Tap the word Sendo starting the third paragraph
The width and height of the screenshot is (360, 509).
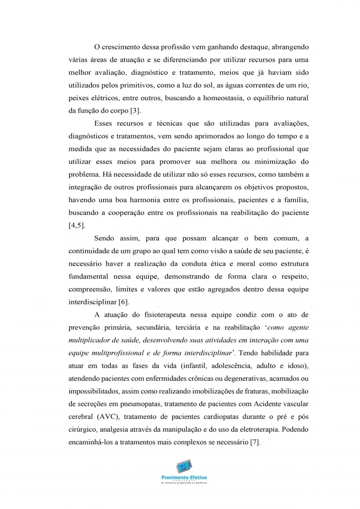coord(105,237)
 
